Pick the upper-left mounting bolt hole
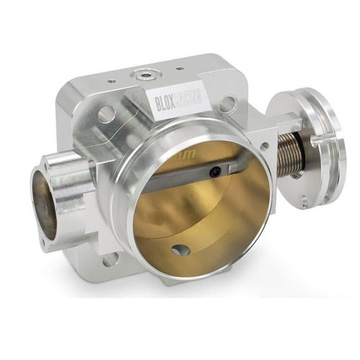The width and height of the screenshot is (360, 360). tap(106, 114)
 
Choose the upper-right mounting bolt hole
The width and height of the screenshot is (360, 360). tap(228, 104)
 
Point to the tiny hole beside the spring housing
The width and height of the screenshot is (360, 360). tap(264, 146)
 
